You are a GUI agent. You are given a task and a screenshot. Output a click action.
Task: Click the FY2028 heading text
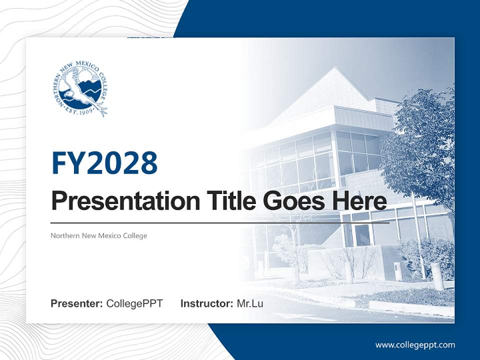(104, 162)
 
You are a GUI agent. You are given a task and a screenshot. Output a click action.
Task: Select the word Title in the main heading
(221, 201)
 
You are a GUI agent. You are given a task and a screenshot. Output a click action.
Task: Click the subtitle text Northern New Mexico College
(99, 235)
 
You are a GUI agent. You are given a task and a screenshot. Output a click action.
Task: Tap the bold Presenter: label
(77, 303)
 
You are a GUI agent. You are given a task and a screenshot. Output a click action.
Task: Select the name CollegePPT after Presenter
(134, 303)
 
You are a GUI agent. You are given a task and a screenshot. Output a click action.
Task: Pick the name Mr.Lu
(250, 303)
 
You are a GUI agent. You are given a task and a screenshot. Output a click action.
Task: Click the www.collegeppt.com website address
(415, 344)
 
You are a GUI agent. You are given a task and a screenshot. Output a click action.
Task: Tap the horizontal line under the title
(220, 222)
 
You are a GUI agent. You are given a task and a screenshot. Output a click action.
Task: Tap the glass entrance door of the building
(362, 235)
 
